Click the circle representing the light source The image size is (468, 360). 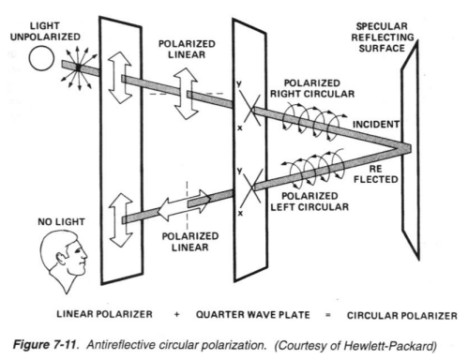(41, 58)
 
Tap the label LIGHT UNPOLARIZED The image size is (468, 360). (45, 31)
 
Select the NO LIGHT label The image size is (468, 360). (61, 221)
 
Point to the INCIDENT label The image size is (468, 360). (376, 125)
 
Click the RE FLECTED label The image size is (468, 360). (376, 174)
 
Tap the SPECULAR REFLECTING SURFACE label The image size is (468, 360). (382, 37)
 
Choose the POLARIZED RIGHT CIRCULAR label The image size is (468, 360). (312, 88)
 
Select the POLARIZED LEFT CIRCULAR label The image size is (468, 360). (309, 202)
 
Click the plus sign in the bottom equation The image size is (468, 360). (177, 314)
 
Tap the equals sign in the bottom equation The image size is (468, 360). (328, 315)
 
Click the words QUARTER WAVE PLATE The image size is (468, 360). (253, 315)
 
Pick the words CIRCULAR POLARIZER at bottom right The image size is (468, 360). (402, 316)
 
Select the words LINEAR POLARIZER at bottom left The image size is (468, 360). (104, 314)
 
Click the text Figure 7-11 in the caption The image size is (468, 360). (45, 345)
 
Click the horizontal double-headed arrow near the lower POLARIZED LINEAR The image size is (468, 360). (184, 205)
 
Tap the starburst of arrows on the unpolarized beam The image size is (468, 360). (79, 67)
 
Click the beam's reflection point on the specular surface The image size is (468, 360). (405, 148)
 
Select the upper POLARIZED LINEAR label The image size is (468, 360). (187, 49)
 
